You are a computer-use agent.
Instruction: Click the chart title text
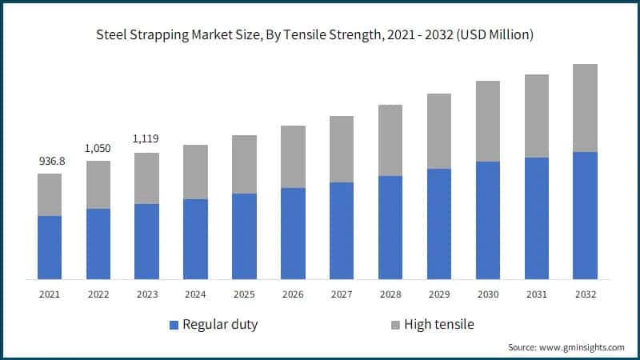pyautogui.click(x=320, y=35)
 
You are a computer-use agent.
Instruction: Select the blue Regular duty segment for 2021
pyautogui.click(x=50, y=247)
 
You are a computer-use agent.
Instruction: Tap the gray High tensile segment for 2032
pyautogui.click(x=586, y=108)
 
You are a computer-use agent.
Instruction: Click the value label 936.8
pyautogui.click(x=50, y=162)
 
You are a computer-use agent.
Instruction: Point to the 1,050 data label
pyautogui.click(x=98, y=149)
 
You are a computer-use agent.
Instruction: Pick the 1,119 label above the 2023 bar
pyautogui.click(x=146, y=139)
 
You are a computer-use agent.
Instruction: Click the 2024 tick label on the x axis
pyautogui.click(x=195, y=294)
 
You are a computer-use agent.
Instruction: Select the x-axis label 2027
pyautogui.click(x=342, y=294)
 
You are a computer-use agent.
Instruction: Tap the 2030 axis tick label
pyautogui.click(x=488, y=294)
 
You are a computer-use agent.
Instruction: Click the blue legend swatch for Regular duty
pyautogui.click(x=174, y=325)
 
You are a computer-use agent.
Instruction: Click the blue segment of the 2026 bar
pyautogui.click(x=293, y=234)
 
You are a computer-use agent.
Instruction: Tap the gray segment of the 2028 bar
pyautogui.click(x=390, y=140)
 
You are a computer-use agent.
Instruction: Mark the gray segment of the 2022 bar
pyautogui.click(x=98, y=185)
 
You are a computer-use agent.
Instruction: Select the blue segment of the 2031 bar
pyautogui.click(x=537, y=218)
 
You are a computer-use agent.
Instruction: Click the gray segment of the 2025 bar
pyautogui.click(x=244, y=164)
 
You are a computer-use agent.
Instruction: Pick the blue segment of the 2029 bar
pyautogui.click(x=439, y=224)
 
